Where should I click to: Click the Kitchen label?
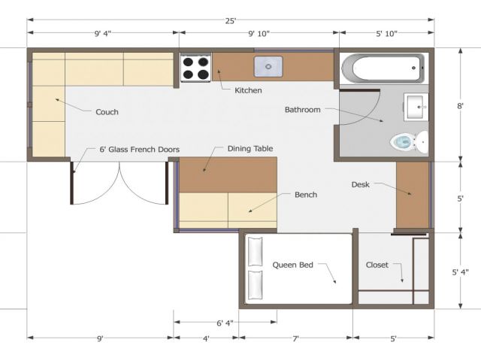[x=248, y=90]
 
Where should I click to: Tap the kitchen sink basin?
[x=268, y=66]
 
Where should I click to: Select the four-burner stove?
[x=195, y=68]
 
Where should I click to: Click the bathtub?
[x=383, y=68]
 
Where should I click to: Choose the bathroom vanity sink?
[x=416, y=107]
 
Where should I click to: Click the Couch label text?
[x=107, y=112]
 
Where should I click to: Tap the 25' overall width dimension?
[x=231, y=21]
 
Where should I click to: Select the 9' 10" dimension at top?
[x=259, y=33]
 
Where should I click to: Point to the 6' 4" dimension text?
[x=225, y=323]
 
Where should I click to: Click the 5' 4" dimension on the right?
[x=460, y=272]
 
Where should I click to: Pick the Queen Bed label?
[x=293, y=265]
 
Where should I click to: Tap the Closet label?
[x=377, y=265]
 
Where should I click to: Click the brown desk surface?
[x=413, y=195]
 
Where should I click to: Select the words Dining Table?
[x=250, y=149]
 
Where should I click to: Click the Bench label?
[x=306, y=195]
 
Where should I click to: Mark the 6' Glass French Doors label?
[x=140, y=150]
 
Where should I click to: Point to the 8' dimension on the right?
[x=460, y=106]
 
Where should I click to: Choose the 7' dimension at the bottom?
[x=295, y=339]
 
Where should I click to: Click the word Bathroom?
[x=302, y=110]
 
